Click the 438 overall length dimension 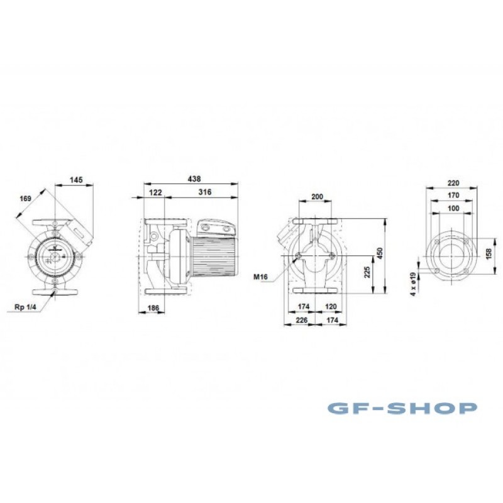194,179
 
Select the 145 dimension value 76,180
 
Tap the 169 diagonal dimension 25,199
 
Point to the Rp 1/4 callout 26,307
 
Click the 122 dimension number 155,192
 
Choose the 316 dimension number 205,192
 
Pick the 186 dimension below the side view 153,308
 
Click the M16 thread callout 260,277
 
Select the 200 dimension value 318,197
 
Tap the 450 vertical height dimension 380,253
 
